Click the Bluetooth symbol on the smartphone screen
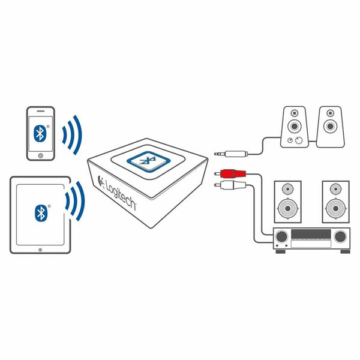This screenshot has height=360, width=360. [40, 133]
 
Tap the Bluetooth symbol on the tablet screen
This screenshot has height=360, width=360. [40, 212]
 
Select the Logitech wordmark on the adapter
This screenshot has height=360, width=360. [120, 191]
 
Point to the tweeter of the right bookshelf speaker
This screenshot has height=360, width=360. [335, 189]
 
